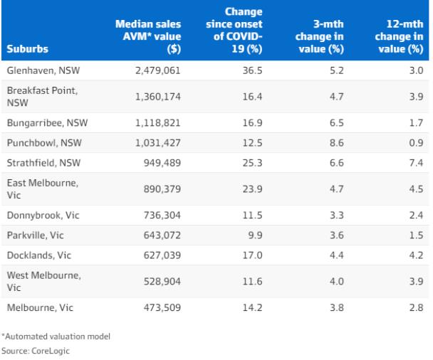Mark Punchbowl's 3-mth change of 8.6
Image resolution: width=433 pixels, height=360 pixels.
[335, 142]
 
